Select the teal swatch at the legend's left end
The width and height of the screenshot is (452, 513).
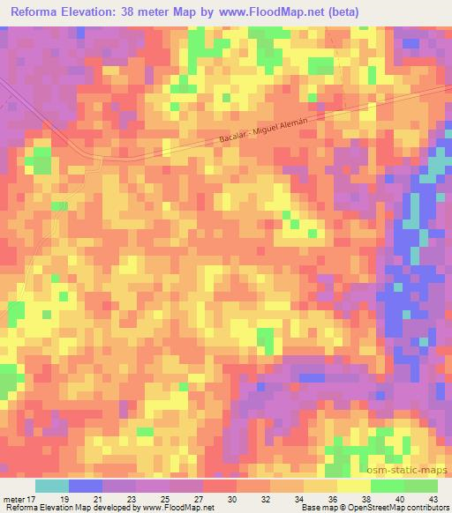52,486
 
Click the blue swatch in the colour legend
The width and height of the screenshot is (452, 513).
86,486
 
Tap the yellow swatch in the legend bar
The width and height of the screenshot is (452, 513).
354,486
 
